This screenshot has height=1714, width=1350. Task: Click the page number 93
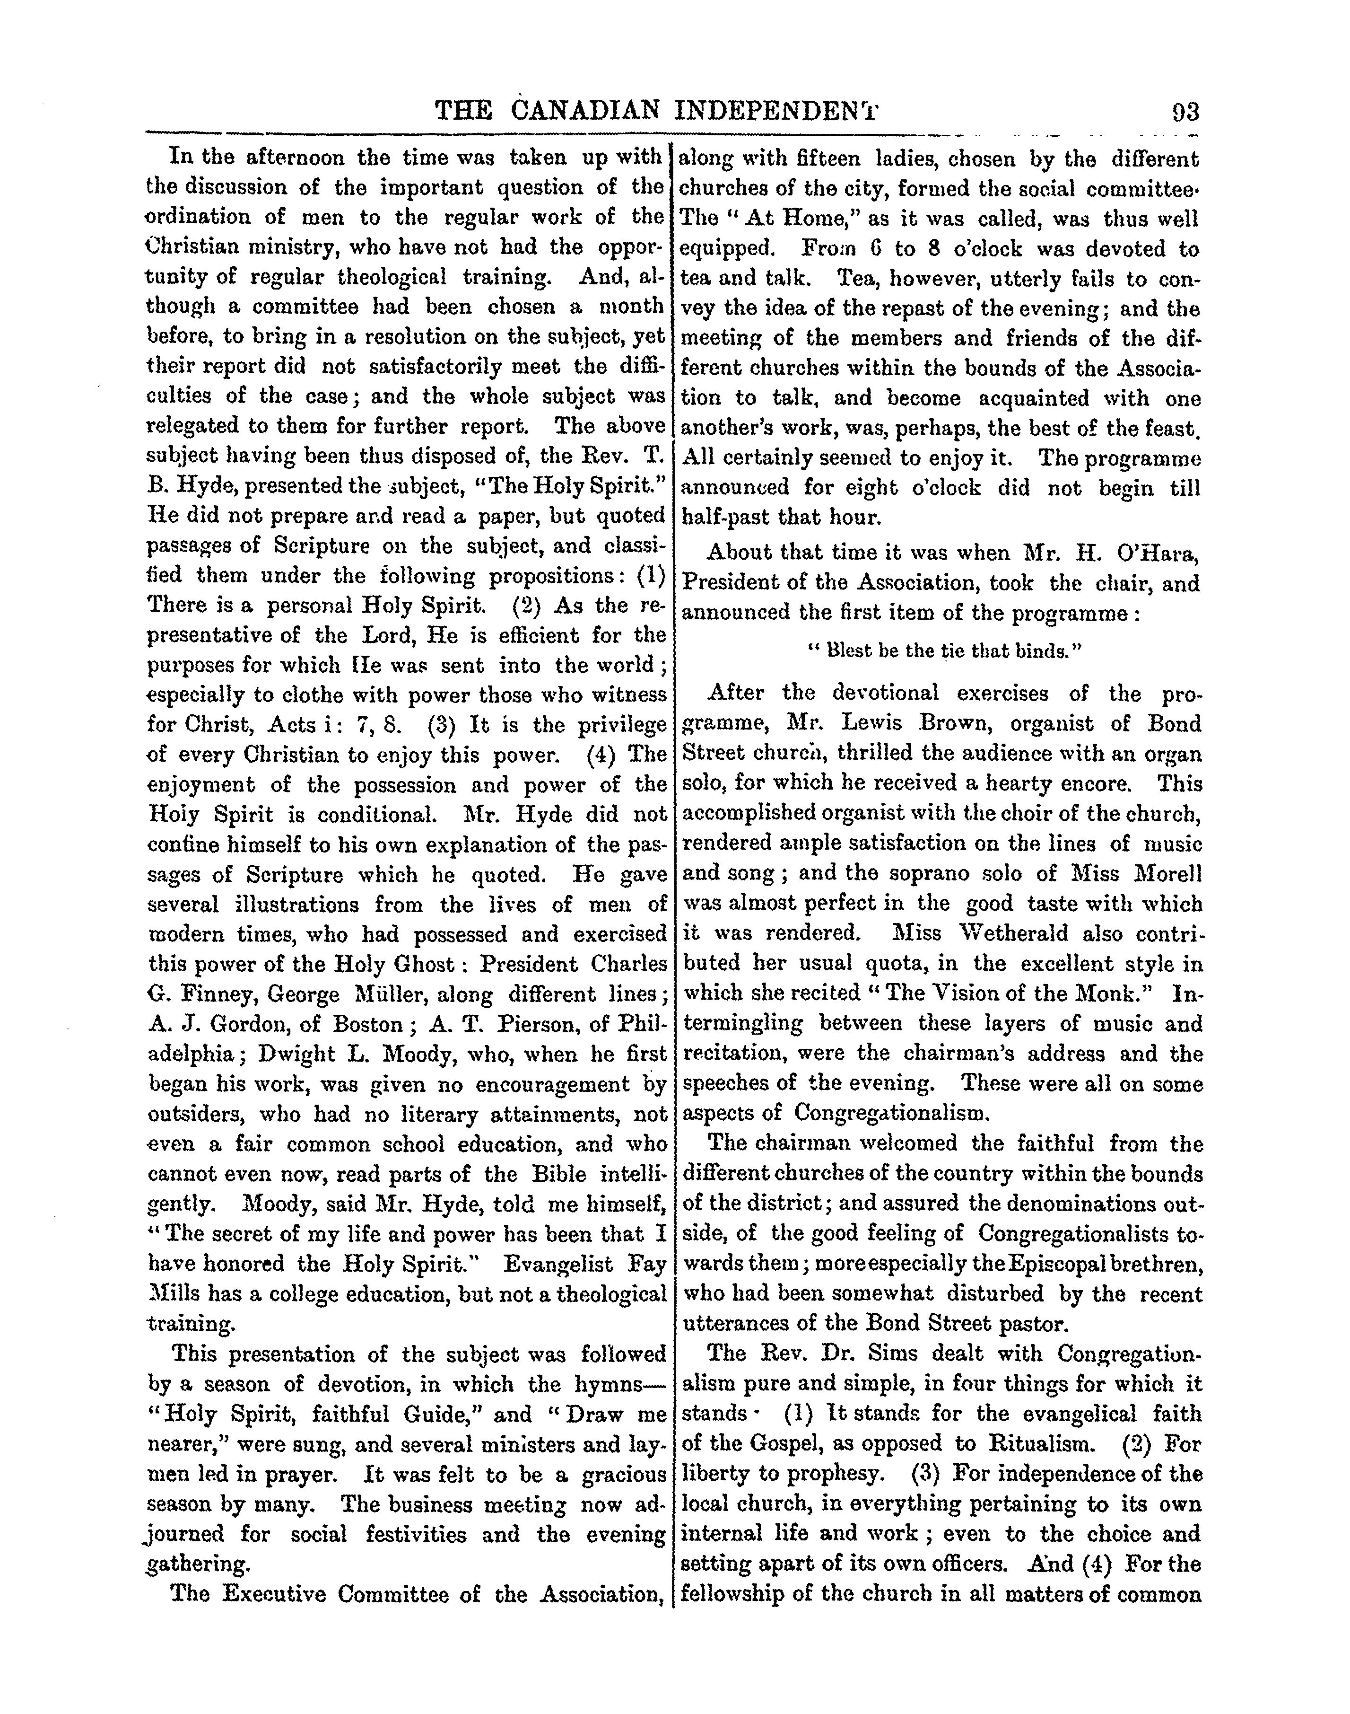coord(1184,112)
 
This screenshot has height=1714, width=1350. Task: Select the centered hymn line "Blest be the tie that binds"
coord(943,650)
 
